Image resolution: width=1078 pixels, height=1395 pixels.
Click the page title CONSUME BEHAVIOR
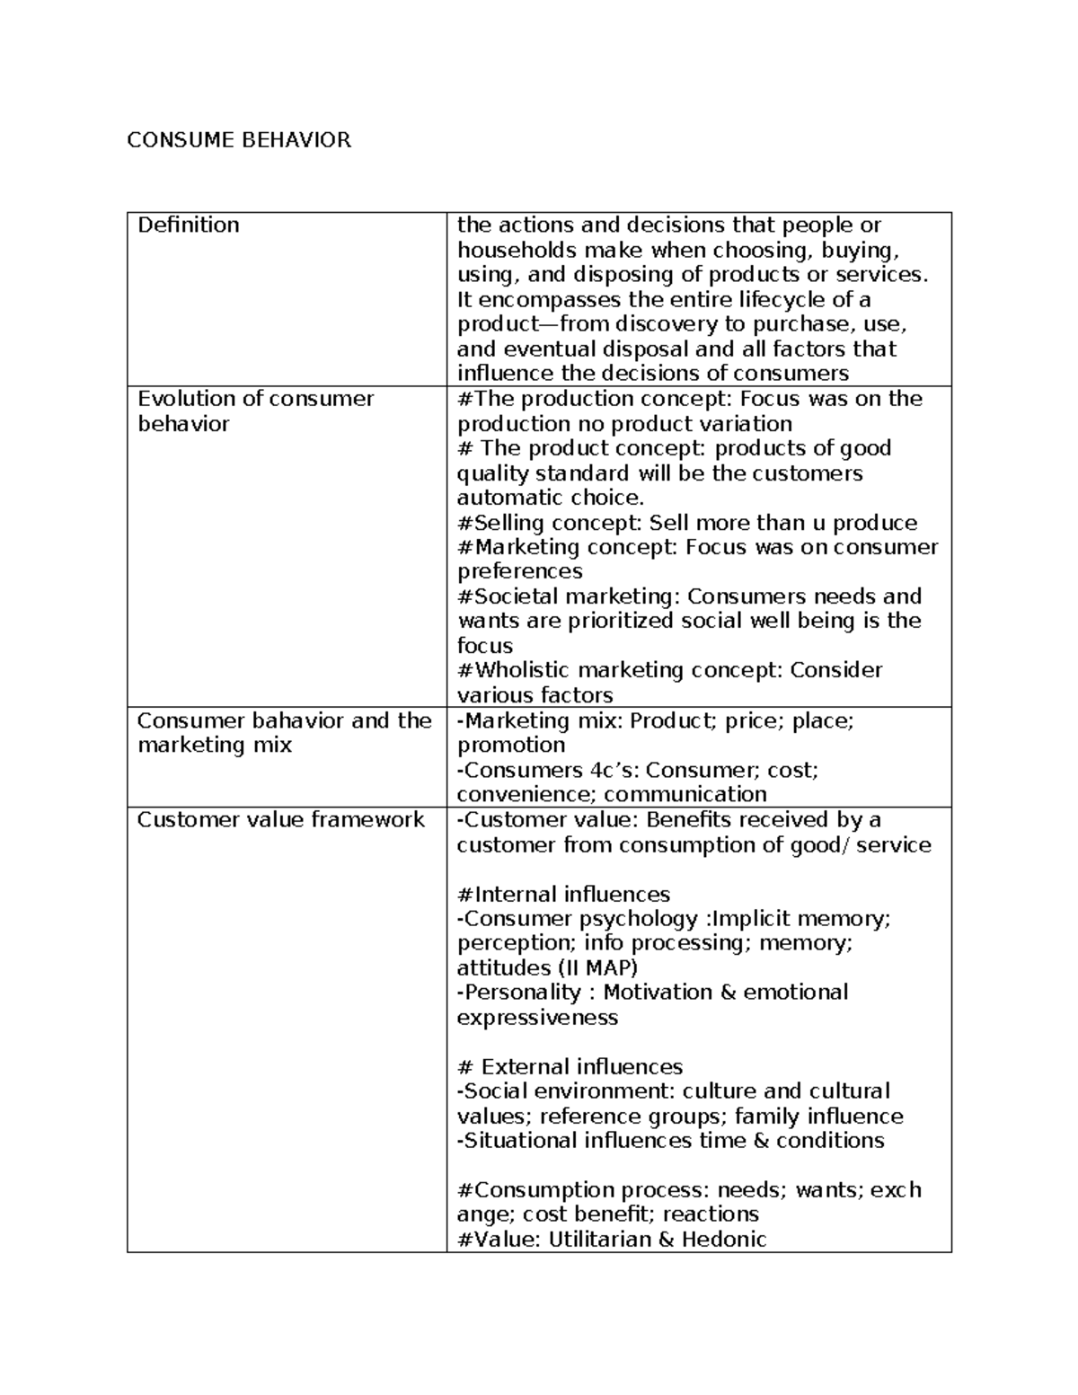tap(238, 140)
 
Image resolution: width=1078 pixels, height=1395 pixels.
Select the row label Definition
tap(188, 225)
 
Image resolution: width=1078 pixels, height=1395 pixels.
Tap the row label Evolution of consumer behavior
tap(255, 411)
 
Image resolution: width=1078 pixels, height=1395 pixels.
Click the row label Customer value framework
tap(280, 819)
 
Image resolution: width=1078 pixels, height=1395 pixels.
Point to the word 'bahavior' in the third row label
tap(297, 720)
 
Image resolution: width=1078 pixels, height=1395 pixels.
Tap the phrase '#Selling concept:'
tap(550, 523)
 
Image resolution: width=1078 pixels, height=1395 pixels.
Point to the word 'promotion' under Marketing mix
tap(511, 745)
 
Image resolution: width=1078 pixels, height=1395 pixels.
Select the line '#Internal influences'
tap(563, 894)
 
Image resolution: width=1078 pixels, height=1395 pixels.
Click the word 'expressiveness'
tap(537, 1017)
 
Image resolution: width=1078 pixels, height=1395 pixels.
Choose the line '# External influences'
tap(570, 1066)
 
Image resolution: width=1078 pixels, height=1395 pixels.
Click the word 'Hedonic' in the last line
tap(724, 1240)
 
